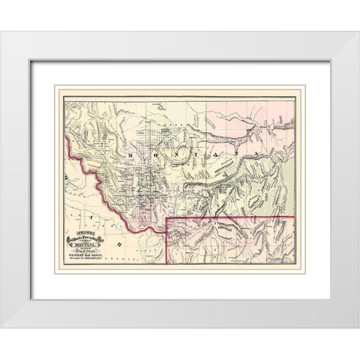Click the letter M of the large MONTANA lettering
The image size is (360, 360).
132,152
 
